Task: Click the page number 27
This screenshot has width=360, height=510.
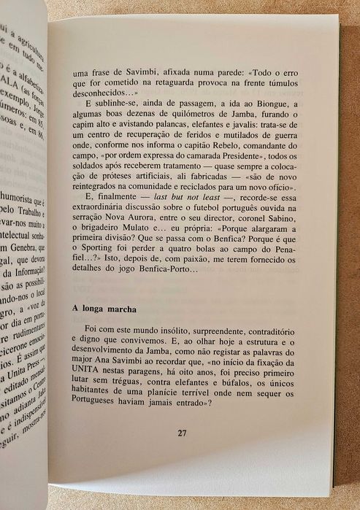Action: [x=182, y=433]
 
